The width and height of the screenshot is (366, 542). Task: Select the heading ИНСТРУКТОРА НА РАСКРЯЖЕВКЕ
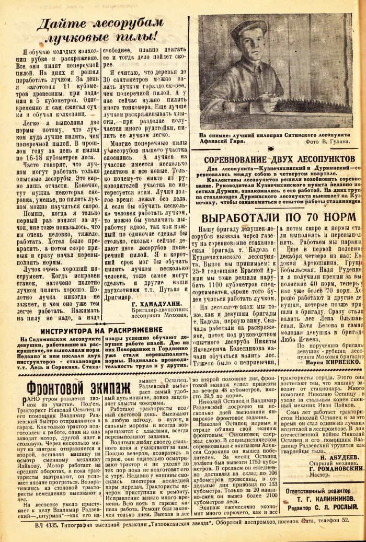(x=101, y=316)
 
